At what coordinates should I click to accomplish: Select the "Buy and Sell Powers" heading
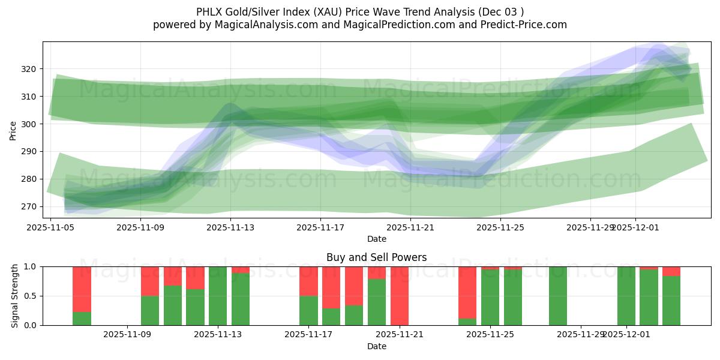click(x=376, y=257)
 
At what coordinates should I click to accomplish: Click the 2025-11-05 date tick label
click(x=50, y=227)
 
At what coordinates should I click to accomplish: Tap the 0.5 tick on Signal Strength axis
click(x=31, y=296)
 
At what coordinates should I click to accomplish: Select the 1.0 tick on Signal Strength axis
click(x=31, y=266)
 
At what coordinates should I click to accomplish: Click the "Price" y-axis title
click(x=13, y=130)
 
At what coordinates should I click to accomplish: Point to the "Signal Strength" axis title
click(x=15, y=295)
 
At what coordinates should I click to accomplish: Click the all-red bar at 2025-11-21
click(x=399, y=296)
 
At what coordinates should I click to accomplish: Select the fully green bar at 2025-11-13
click(x=218, y=296)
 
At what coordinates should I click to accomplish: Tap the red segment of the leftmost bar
click(x=82, y=289)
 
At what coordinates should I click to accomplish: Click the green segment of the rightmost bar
click(x=671, y=301)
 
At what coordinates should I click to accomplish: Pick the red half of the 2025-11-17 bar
click(x=308, y=281)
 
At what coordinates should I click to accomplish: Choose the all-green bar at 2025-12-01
click(x=626, y=296)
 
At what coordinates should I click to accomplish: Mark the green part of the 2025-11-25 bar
click(x=490, y=298)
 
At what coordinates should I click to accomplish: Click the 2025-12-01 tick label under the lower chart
click(x=626, y=335)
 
